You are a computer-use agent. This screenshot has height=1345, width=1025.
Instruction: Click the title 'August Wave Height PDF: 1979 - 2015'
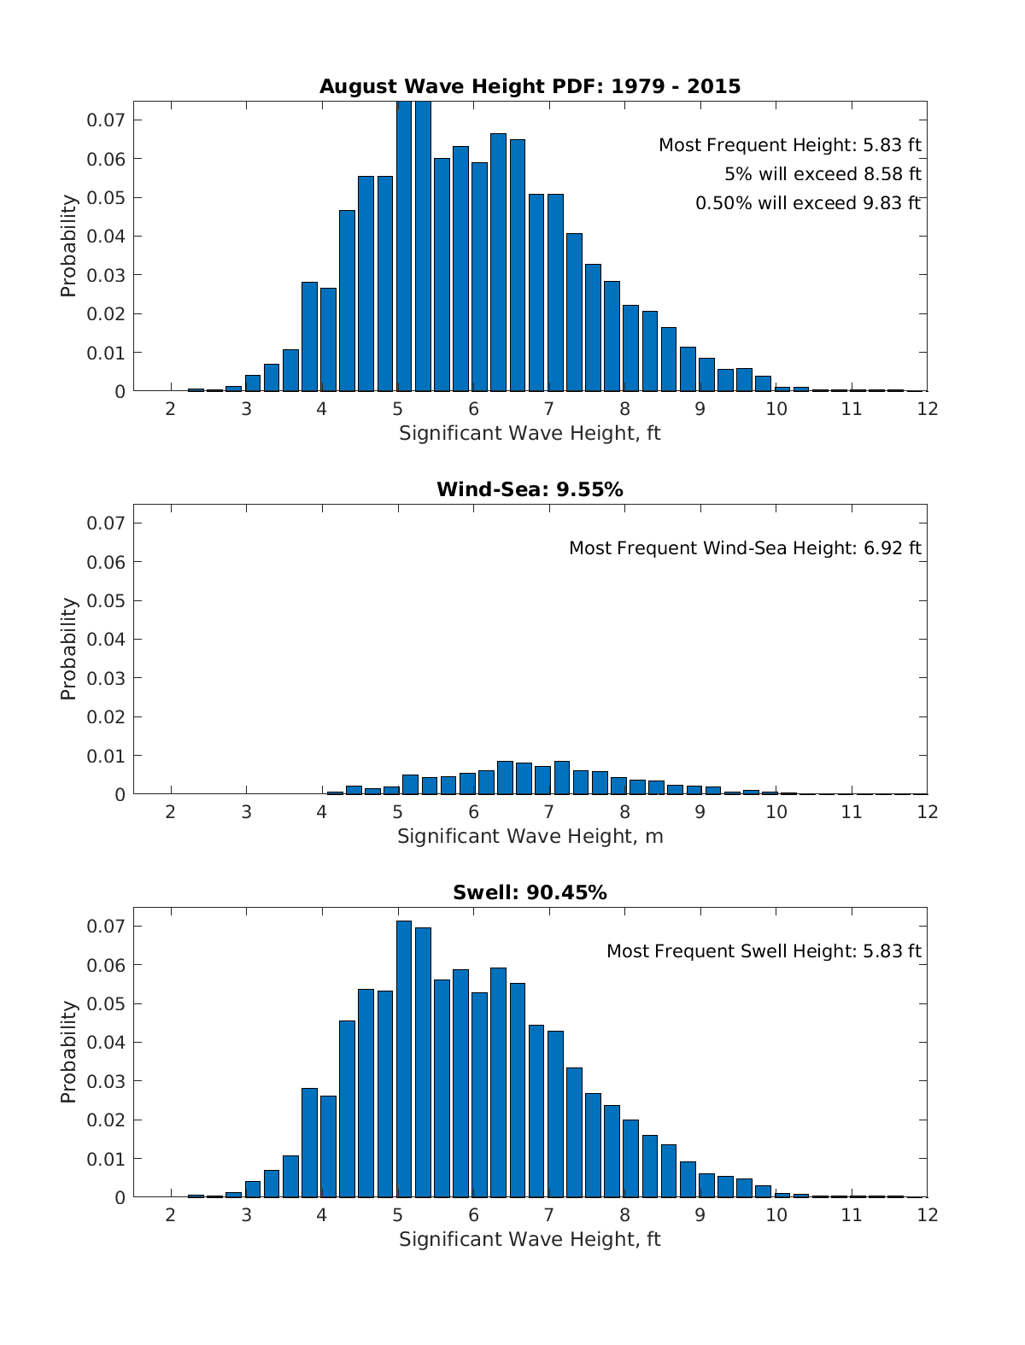click(530, 86)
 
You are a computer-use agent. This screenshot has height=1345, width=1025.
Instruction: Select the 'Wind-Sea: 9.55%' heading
click(530, 489)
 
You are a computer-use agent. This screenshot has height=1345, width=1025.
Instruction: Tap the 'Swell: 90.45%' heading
click(530, 892)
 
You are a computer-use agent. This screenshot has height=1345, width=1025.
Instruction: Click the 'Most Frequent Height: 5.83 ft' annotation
click(789, 145)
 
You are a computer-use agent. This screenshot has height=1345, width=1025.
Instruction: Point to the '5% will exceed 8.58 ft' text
click(823, 174)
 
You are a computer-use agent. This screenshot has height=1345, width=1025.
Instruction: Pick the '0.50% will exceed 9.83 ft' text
click(808, 203)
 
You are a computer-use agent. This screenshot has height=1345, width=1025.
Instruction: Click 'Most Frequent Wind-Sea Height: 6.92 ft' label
click(745, 548)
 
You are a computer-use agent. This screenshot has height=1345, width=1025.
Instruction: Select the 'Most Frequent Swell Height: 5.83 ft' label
click(764, 951)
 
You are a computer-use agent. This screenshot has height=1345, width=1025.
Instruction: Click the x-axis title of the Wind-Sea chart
click(530, 836)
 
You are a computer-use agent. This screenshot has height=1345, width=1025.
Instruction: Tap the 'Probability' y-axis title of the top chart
click(68, 246)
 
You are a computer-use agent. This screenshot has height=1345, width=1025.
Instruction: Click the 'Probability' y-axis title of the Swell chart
click(68, 1052)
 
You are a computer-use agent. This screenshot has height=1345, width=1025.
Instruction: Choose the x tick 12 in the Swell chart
click(927, 1215)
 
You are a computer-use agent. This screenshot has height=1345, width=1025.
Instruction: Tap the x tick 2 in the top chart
click(171, 409)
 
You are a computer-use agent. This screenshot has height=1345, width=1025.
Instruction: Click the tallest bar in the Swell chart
click(404, 1059)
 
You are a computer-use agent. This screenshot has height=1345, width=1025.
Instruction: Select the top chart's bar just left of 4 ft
click(309, 336)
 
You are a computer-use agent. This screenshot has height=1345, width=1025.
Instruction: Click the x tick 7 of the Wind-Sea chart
click(548, 812)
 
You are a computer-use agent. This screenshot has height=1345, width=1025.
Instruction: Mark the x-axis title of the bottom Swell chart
click(530, 1239)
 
